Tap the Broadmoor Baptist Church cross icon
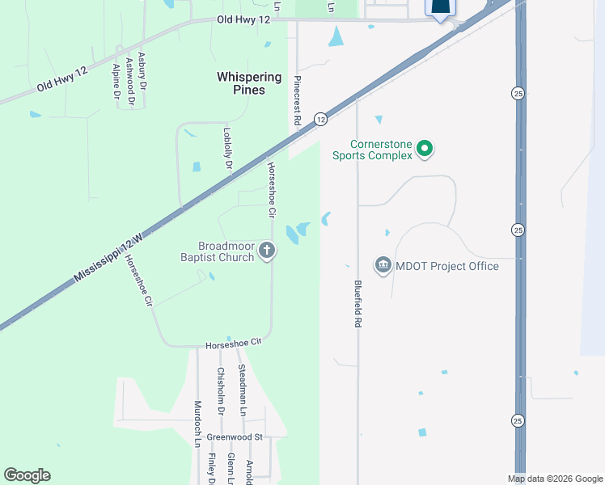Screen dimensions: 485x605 pos(268,251)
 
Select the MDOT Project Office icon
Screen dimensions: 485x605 pos(383,264)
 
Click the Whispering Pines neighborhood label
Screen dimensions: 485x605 pos(250,83)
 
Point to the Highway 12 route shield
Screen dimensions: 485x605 pos(321,119)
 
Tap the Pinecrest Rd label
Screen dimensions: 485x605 pos(298,100)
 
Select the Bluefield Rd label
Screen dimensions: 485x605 pos(357,303)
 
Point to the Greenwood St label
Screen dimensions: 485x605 pos(235,437)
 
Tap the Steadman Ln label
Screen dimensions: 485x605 pos(242,390)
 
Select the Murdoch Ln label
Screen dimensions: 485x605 pos(197,424)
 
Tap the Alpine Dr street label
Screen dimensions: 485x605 pos(116,82)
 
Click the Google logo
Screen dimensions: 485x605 pos(27,475)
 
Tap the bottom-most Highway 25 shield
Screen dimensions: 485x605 pos(518,420)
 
